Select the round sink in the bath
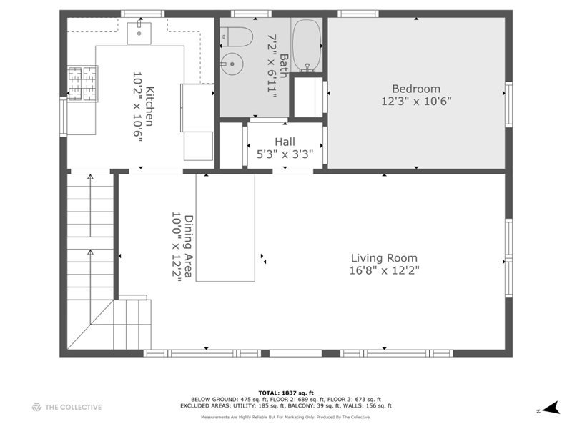point(231,64)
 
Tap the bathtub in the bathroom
point(307,45)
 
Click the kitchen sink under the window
point(138,32)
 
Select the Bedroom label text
point(416,89)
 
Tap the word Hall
point(285,142)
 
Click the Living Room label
point(384,258)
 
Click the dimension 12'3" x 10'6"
point(416,102)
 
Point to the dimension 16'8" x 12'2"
point(384,270)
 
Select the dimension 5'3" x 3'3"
point(285,154)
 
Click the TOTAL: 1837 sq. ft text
point(285,393)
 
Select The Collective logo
point(66,408)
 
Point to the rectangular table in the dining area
point(225,227)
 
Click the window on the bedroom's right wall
point(508,104)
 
